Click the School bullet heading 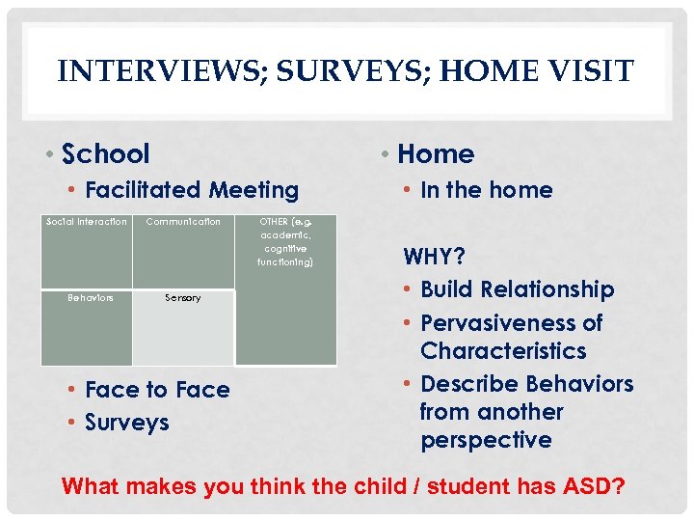(x=105, y=153)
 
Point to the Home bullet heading (x=436, y=153)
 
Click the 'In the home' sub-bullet (x=486, y=190)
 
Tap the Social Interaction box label (x=87, y=222)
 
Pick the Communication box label (x=183, y=222)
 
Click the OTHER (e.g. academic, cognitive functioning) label (x=285, y=241)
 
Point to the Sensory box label (x=183, y=298)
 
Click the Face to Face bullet (x=157, y=390)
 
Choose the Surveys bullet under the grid (x=126, y=423)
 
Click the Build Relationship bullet (x=517, y=289)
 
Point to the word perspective (x=486, y=440)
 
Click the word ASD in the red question (x=584, y=486)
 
